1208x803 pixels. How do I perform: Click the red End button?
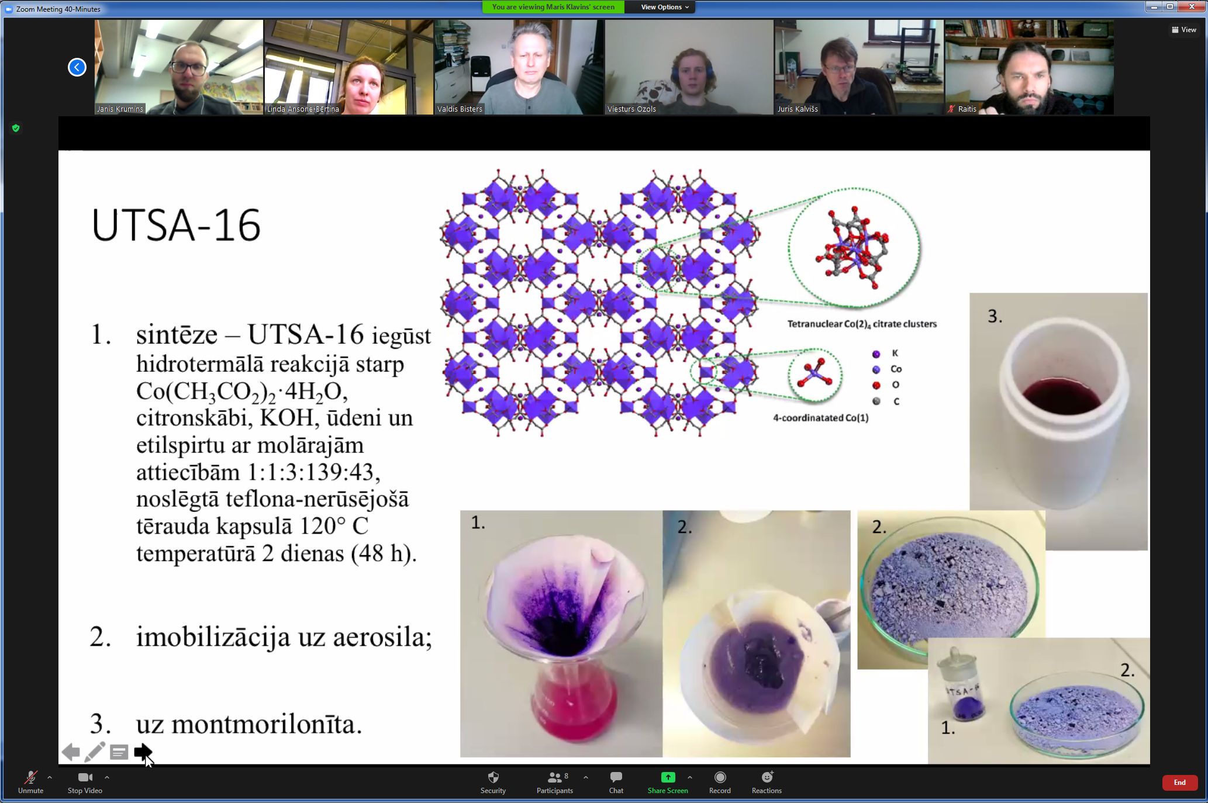tap(1179, 783)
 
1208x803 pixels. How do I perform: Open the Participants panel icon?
tap(554, 777)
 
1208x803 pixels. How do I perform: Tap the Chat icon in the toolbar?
tap(616, 777)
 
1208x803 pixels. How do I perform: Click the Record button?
tap(720, 777)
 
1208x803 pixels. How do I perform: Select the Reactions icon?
tap(767, 777)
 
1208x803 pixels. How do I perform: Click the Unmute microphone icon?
tap(30, 777)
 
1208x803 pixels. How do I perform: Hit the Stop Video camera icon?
tap(85, 777)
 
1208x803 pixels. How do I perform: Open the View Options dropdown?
tap(665, 7)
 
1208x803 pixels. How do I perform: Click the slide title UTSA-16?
tap(176, 226)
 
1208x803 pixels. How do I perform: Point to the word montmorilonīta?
tap(267, 724)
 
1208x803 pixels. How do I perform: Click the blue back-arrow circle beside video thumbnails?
tap(77, 67)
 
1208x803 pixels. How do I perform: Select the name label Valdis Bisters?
tap(460, 109)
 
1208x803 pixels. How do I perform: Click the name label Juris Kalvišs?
tap(798, 109)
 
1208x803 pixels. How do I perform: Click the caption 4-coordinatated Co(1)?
tap(821, 418)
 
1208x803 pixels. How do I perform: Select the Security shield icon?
tap(493, 777)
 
